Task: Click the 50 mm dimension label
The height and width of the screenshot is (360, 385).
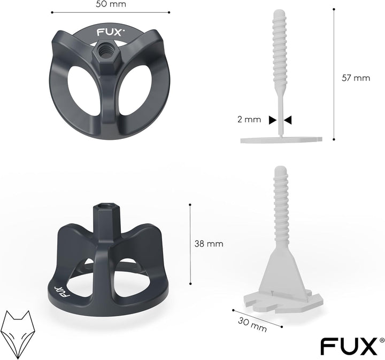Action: [x=111, y=4]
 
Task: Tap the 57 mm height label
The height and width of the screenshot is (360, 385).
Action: [x=356, y=77]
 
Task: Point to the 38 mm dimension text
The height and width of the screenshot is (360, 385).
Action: [x=209, y=244]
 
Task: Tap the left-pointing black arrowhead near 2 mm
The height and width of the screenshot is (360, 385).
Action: [x=288, y=120]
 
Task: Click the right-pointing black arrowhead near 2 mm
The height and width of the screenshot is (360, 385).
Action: [x=273, y=120]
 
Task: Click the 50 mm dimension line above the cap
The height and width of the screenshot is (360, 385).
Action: [x=111, y=12]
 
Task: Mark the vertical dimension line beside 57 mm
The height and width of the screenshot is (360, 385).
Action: [x=335, y=75]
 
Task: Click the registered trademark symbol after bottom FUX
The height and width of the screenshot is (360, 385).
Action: [x=381, y=339]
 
